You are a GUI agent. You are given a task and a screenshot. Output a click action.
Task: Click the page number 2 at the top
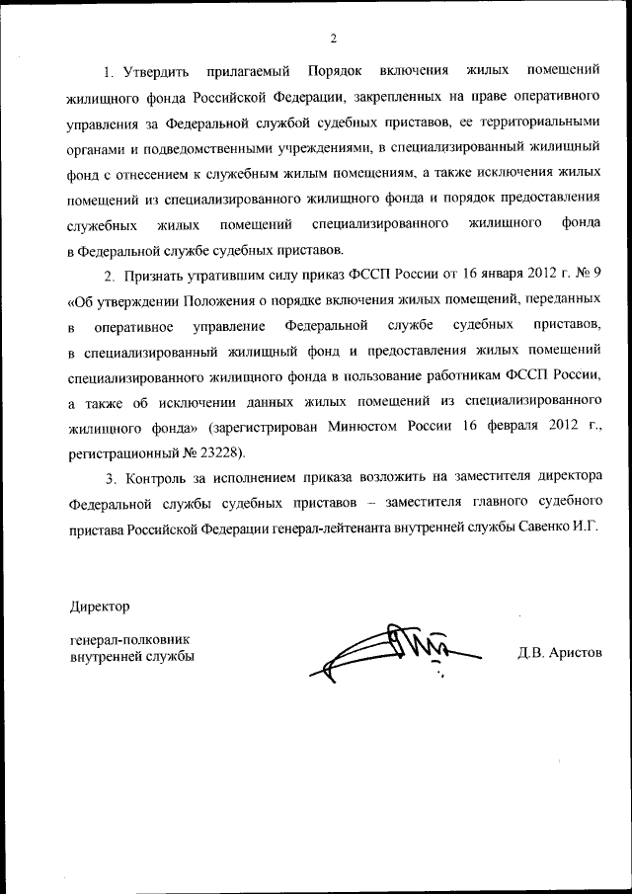333,39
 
